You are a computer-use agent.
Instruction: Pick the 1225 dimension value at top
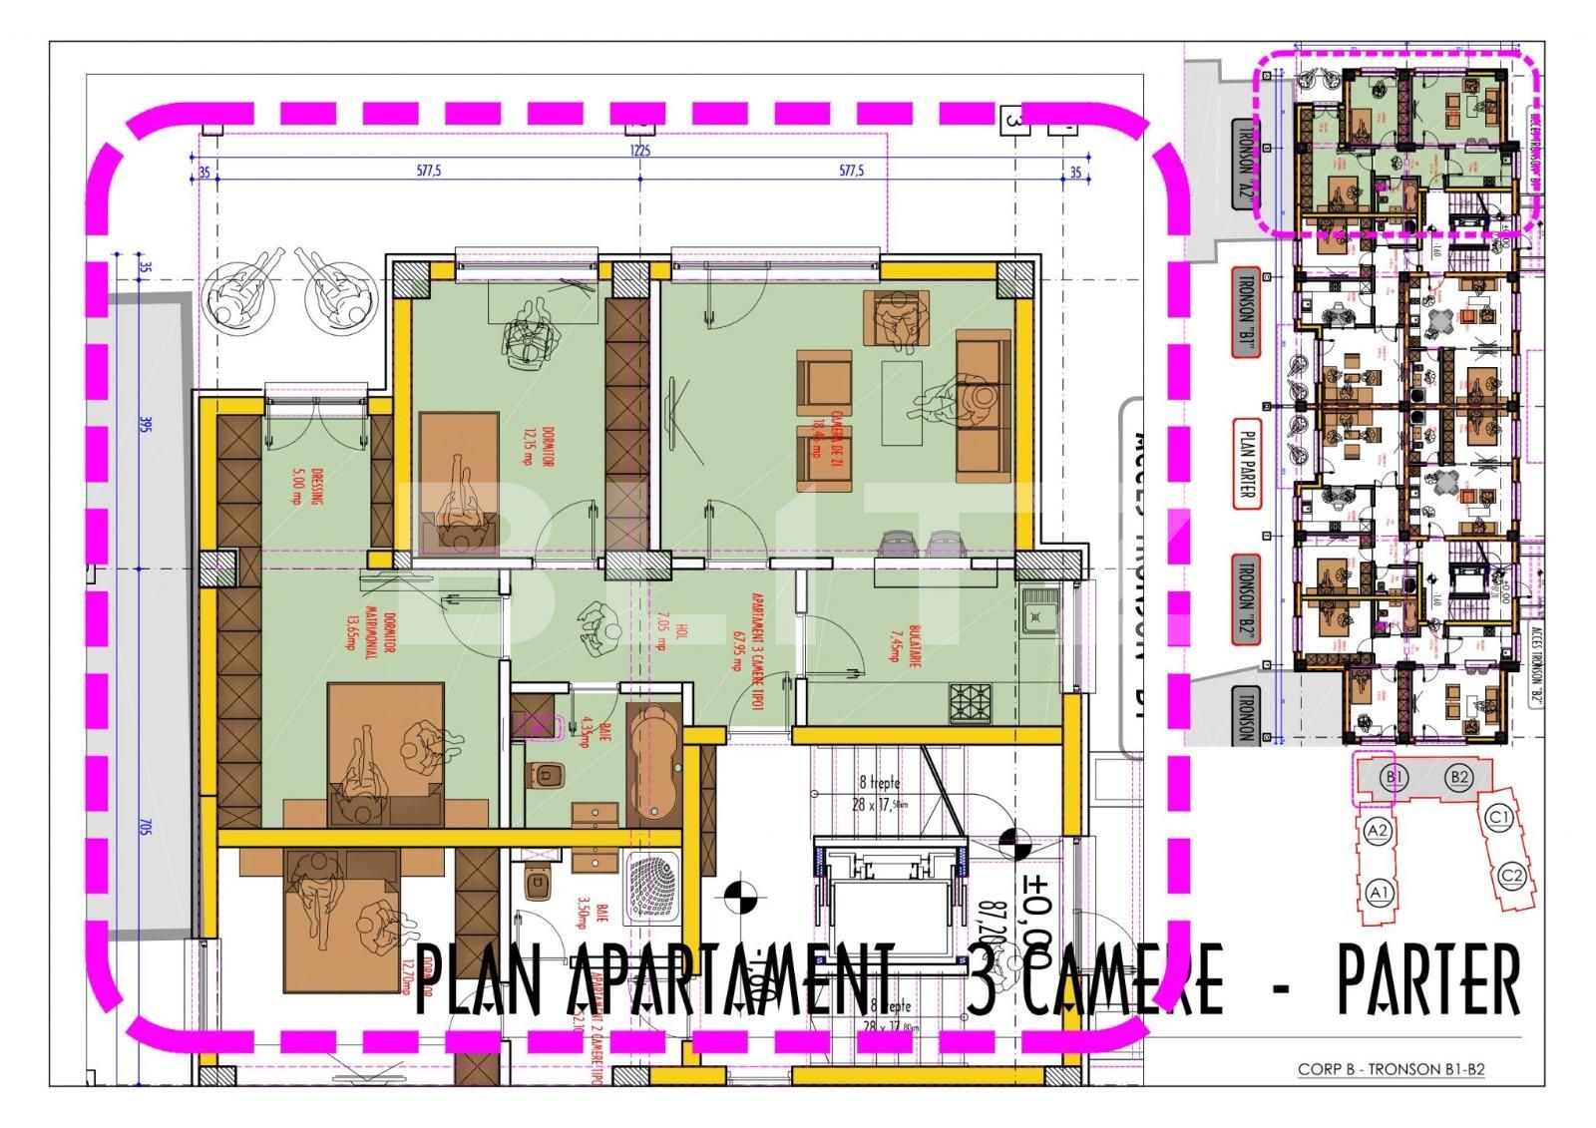point(639,152)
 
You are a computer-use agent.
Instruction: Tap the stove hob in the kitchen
point(972,703)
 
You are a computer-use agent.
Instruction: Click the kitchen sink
point(1039,609)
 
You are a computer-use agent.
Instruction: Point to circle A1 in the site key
point(1380,891)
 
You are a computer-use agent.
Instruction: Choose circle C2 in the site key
point(1512,877)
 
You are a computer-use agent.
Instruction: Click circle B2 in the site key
point(1459,777)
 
